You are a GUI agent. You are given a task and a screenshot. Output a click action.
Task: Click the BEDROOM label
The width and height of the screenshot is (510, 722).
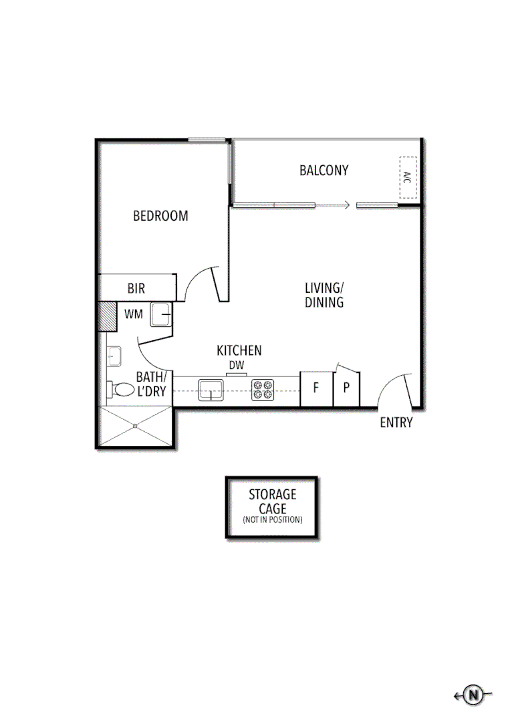(160, 216)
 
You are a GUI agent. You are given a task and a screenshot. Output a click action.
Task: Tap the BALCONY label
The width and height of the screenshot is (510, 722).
(324, 170)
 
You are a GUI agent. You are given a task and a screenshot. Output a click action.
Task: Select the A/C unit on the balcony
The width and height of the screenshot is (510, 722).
(408, 177)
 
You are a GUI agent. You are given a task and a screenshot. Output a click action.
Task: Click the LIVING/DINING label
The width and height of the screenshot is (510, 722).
(324, 295)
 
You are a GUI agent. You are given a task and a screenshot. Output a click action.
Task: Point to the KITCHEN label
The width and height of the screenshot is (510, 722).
(239, 350)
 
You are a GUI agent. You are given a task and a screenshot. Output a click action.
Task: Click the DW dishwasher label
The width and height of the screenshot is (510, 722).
(236, 365)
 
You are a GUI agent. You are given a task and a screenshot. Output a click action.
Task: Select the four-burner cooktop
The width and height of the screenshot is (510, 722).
(263, 390)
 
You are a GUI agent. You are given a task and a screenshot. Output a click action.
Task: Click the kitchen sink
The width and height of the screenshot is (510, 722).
(211, 390)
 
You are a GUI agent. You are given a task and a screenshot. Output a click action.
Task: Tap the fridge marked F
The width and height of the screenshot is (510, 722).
(316, 387)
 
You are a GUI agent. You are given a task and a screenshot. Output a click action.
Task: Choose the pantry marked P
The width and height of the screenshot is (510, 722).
(347, 387)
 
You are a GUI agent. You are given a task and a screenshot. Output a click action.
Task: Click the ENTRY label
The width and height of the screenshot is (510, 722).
(396, 423)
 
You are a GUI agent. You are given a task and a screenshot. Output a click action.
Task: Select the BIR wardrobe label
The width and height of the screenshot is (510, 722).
(136, 289)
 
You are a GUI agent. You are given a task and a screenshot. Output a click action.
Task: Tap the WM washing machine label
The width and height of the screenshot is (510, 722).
(133, 314)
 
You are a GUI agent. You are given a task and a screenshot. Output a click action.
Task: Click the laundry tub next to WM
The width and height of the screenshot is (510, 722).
(161, 314)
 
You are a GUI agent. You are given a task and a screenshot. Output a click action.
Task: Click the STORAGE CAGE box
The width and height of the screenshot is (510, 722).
(271, 507)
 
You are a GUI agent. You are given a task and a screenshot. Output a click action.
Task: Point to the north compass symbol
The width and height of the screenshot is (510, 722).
(474, 695)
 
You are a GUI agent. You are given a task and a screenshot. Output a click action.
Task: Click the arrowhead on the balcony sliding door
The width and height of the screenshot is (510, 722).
(346, 205)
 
